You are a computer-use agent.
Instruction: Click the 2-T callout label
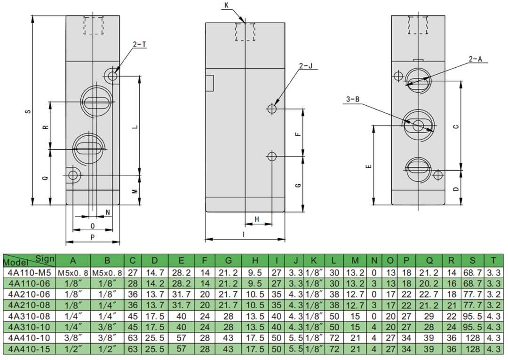[139, 45]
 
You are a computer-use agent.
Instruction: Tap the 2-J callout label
[306, 66]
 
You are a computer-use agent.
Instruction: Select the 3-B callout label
[353, 99]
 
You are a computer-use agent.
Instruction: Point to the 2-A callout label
[476, 59]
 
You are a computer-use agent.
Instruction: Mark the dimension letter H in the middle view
[257, 219]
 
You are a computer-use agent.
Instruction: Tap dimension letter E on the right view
[368, 166]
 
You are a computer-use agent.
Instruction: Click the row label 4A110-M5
[29, 273]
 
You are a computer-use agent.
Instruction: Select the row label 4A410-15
[29, 349]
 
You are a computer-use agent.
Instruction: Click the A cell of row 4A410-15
[73, 349]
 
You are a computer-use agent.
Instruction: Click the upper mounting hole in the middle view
[272, 109]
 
